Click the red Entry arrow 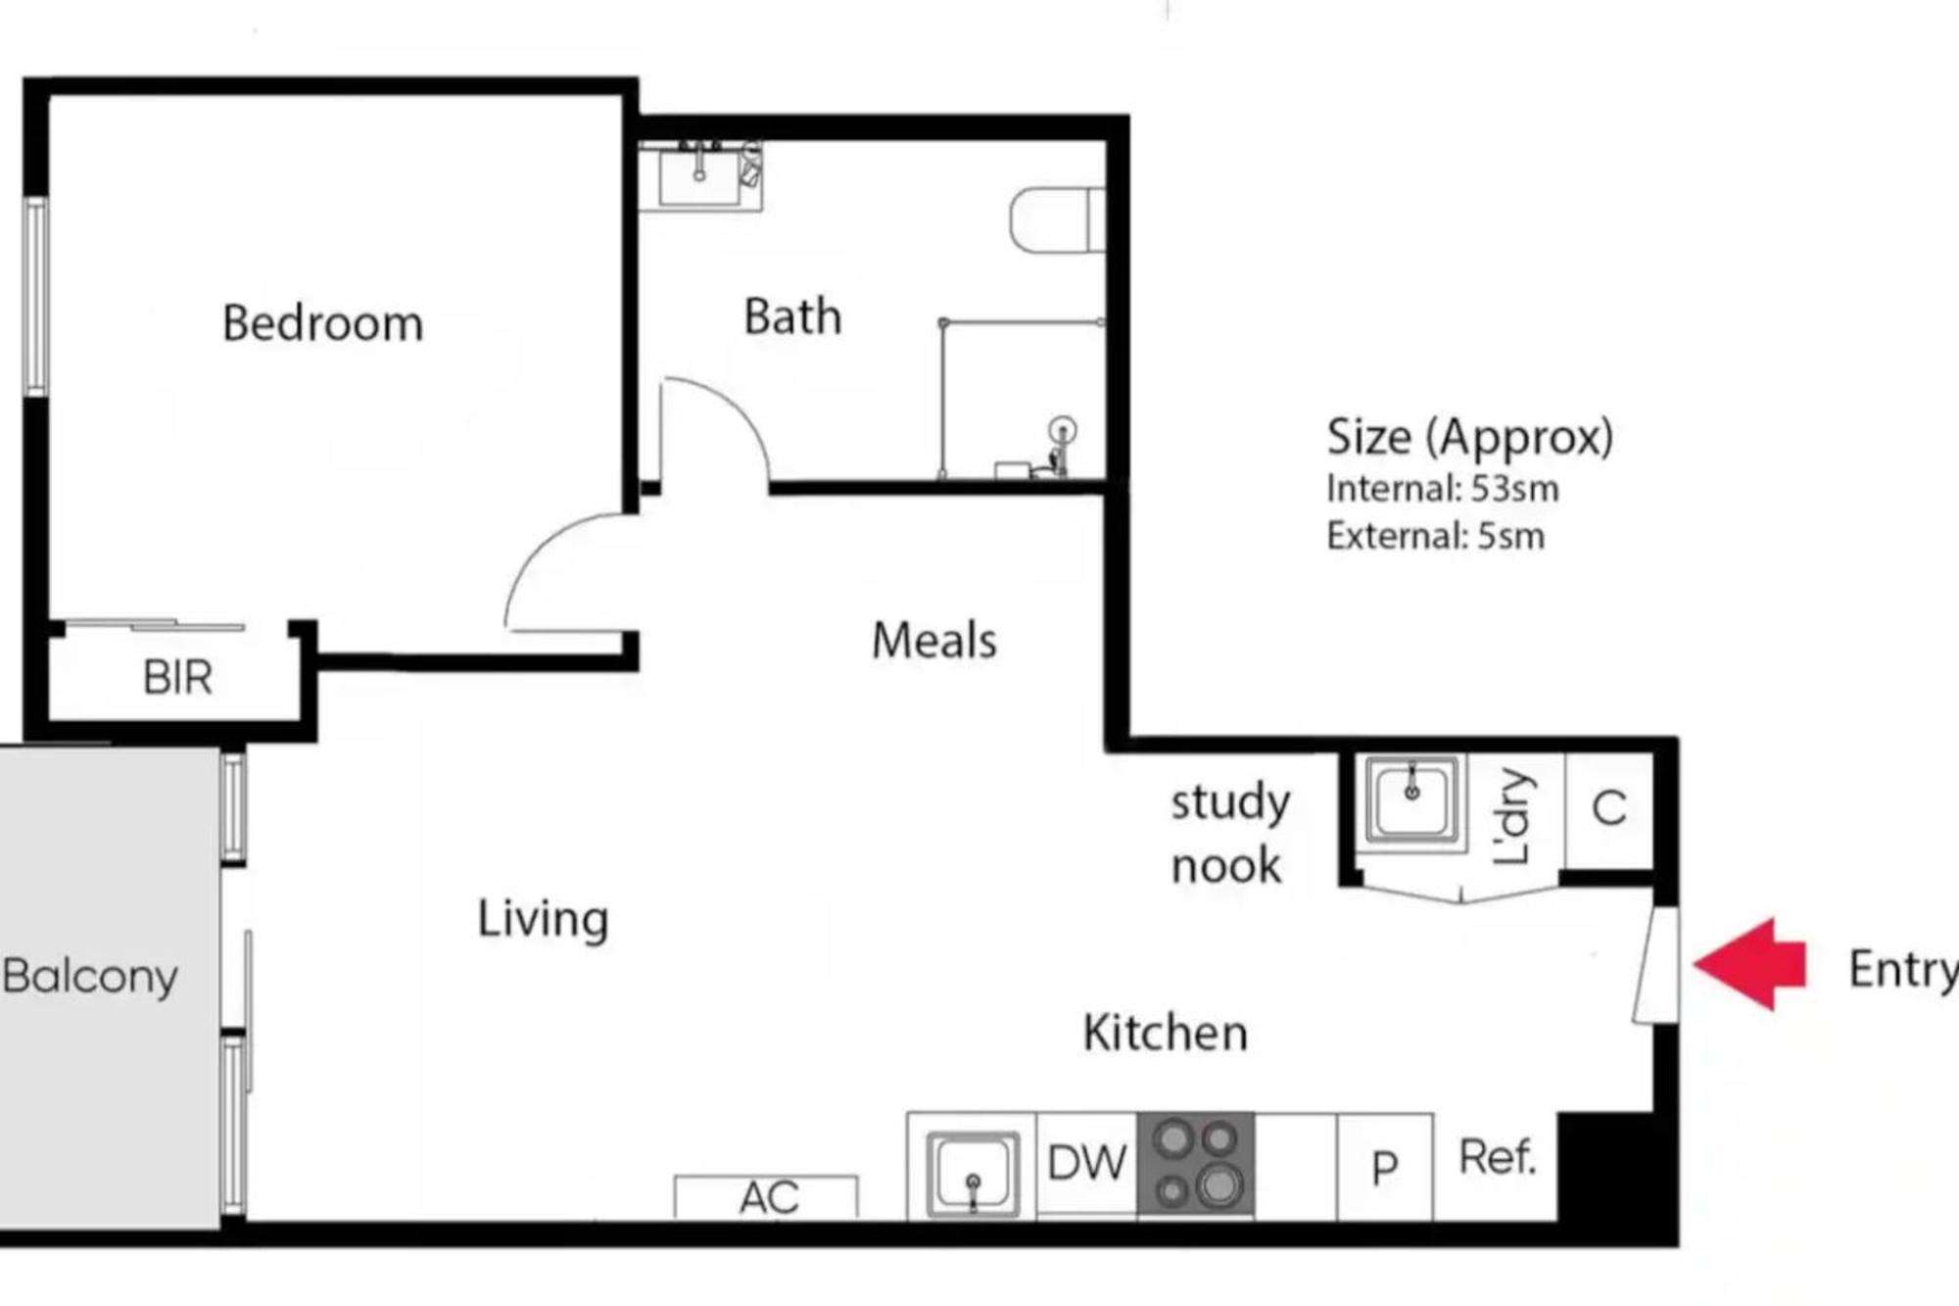[x=1750, y=964]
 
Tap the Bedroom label [x=323, y=323]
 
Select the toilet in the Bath [x=1057, y=219]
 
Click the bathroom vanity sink [x=699, y=176]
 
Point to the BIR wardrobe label [x=177, y=677]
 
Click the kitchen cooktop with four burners [x=1195, y=1163]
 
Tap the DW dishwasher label [x=1086, y=1163]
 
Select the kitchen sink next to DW [x=973, y=1172]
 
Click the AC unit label [x=769, y=1197]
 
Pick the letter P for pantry [x=1384, y=1167]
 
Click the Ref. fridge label [x=1498, y=1157]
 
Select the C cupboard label [x=1609, y=808]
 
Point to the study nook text [x=1229, y=834]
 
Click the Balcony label [x=90, y=976]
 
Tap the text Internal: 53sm [x=1442, y=488]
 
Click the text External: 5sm [x=1435, y=536]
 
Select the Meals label [x=934, y=641]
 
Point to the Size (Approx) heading [x=1469, y=437]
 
